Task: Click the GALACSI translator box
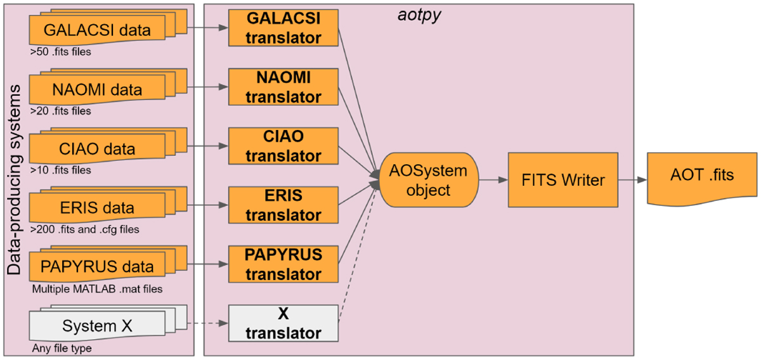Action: pos(283,28)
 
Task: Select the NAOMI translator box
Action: pos(283,88)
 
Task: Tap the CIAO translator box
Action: pos(283,147)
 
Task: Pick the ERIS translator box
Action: pos(283,205)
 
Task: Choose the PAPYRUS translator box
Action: pos(283,264)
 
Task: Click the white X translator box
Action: pos(283,323)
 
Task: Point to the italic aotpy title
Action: pos(418,13)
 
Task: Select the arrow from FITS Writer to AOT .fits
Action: pos(632,180)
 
